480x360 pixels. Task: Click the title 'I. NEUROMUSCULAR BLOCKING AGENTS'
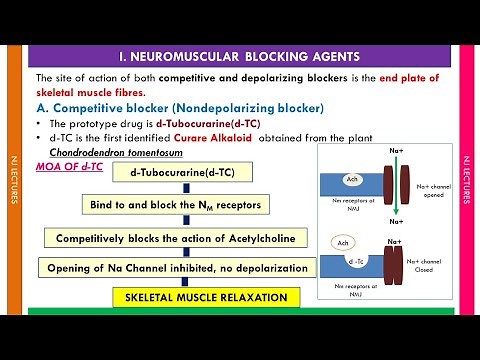tap(239, 57)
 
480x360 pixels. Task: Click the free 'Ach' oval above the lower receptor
tap(343, 243)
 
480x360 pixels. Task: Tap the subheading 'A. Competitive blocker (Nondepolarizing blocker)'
tap(178, 108)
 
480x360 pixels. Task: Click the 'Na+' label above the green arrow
tap(393, 149)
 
